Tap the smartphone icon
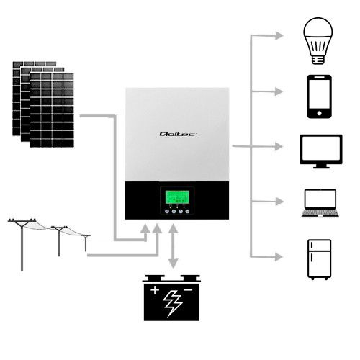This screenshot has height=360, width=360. coord(319,96)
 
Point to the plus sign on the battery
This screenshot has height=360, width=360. coord(153,290)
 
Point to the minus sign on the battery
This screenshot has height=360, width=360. coord(189,290)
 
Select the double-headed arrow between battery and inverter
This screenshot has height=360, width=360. coord(173,248)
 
